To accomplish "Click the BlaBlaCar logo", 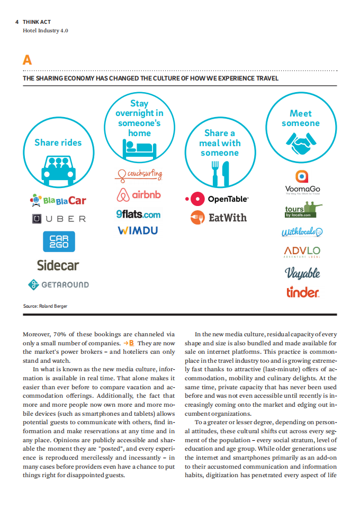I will point(58,200).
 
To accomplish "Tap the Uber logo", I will point(58,219).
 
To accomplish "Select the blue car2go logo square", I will point(59,241).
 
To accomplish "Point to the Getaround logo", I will point(58,284).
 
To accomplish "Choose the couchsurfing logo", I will point(139,174).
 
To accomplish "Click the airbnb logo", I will point(139,195).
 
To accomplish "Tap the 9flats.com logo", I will point(138,214).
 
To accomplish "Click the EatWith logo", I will point(219,217).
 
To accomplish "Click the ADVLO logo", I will point(302,250).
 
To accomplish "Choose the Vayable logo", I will point(302,273).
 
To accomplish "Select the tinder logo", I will point(302,292).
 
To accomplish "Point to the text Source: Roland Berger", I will point(45,306).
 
